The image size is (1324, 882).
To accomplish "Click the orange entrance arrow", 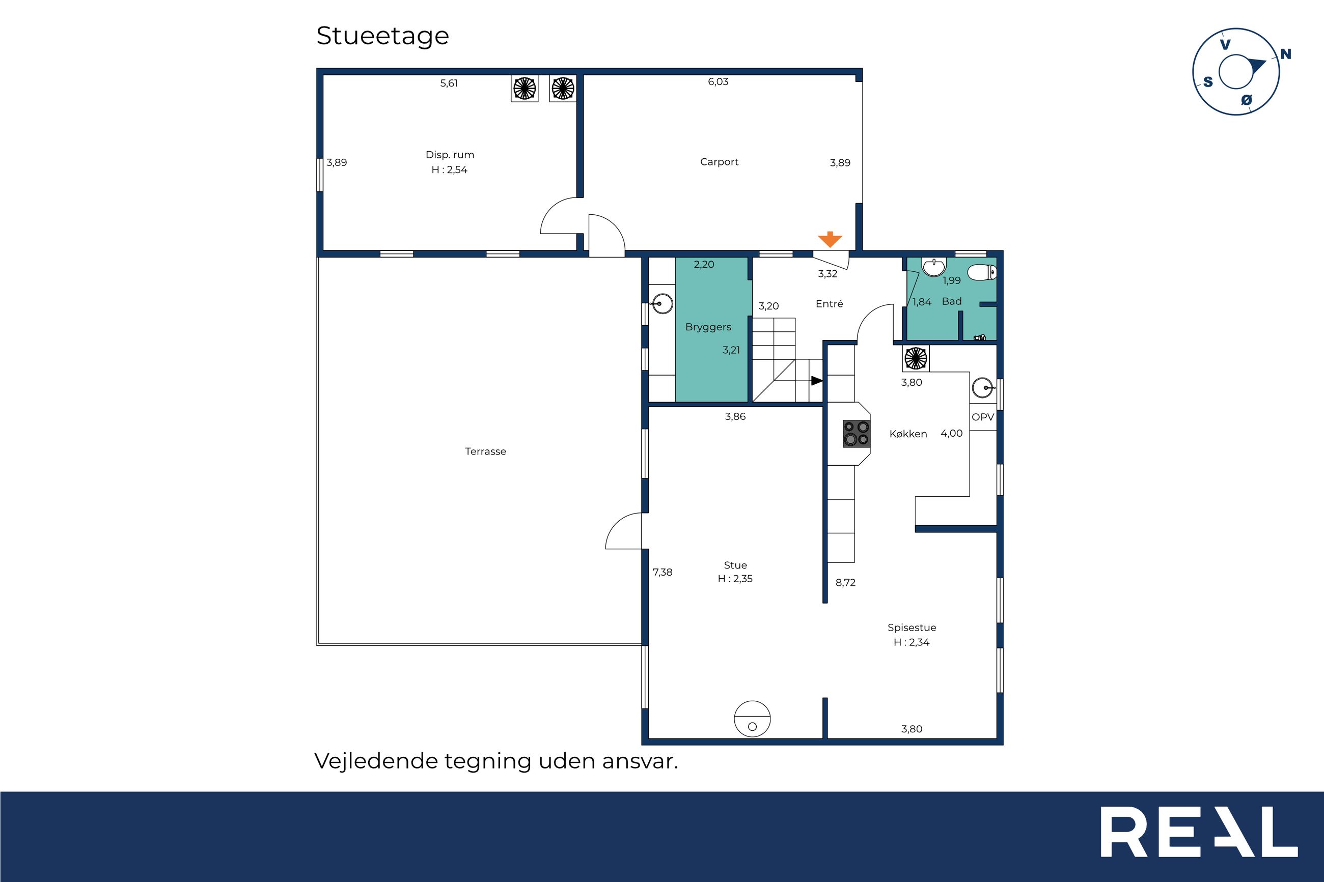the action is tap(830, 239).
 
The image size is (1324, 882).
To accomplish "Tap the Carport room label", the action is tap(719, 162).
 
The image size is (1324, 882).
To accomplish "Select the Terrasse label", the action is tap(486, 451).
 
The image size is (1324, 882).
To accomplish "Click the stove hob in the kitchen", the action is tap(857, 434).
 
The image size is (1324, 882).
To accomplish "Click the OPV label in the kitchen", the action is tap(983, 417).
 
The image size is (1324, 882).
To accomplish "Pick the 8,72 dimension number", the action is tap(845, 583).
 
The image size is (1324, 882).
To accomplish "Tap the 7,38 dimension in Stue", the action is tap(663, 572).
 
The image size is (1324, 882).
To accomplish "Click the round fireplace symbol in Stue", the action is tap(752, 719).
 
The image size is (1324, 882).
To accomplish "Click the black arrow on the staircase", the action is tap(817, 381).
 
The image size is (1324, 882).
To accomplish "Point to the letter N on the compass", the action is tap(1286, 54).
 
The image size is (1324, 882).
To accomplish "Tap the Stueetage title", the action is tap(382, 36).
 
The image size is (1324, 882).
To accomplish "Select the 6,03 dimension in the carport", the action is tap(718, 81).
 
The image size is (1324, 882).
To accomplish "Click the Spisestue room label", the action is tap(912, 628).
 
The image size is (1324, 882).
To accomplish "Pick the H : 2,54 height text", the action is tap(449, 170).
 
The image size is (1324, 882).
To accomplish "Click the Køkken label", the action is tap(908, 434).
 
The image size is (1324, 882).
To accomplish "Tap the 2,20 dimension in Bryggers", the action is tap(704, 264).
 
